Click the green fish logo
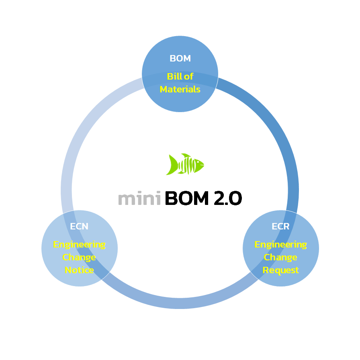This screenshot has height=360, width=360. (185, 164)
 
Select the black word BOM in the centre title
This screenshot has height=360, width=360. (188, 198)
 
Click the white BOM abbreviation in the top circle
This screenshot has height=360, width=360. (180, 58)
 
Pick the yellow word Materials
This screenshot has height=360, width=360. (180, 89)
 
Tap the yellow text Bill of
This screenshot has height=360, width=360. (180, 76)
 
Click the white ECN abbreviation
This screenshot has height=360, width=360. (79, 226)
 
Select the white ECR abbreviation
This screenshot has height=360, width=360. (280, 226)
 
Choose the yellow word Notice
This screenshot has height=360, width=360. (80, 270)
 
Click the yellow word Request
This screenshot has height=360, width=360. (280, 270)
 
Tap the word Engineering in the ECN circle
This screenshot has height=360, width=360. (80, 244)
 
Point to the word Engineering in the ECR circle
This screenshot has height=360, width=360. (280, 244)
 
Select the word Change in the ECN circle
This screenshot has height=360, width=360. (80, 257)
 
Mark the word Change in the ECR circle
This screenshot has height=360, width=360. (280, 257)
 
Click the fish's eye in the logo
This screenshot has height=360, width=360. (198, 163)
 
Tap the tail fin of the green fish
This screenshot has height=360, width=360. (172, 165)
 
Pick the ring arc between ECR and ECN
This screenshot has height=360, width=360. (180, 303)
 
